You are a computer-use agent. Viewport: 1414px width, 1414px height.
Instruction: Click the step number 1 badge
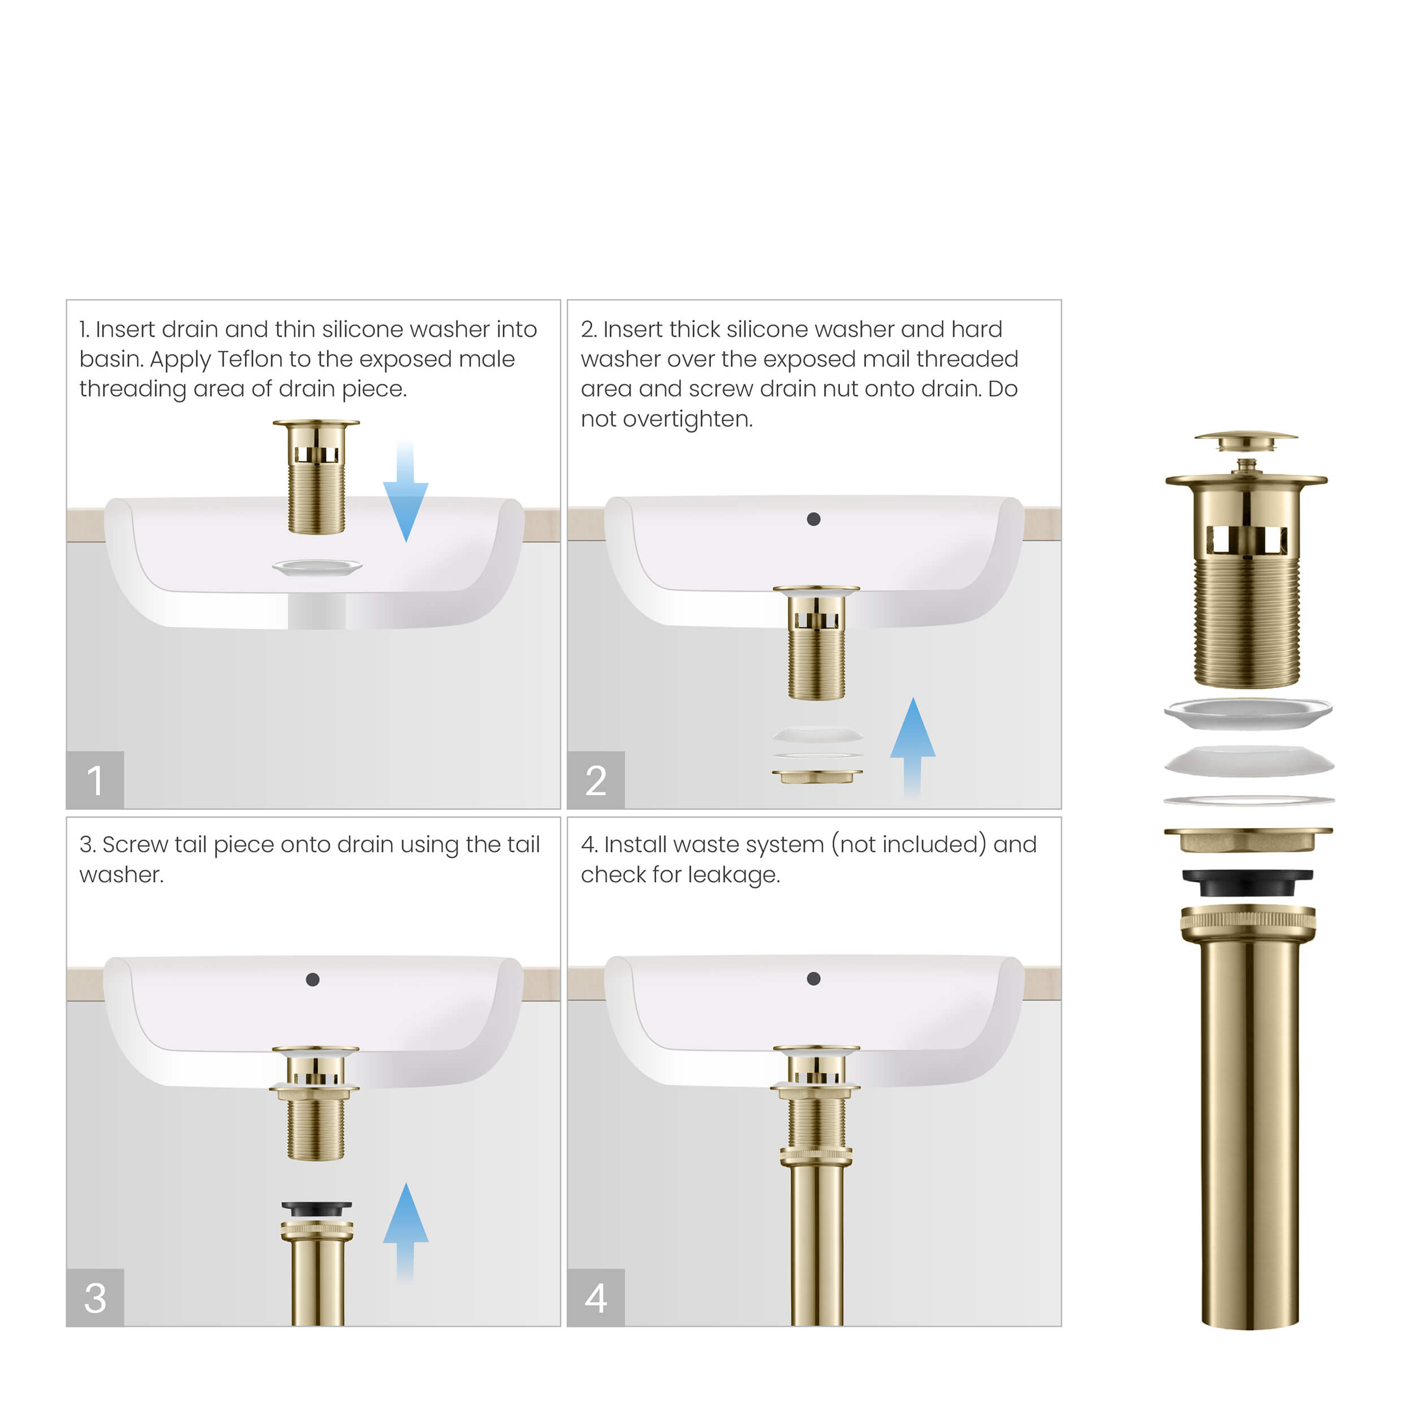point(95,779)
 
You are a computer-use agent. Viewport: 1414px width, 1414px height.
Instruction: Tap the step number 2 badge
point(596,779)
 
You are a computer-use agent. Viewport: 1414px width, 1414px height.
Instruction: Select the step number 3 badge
point(95,1297)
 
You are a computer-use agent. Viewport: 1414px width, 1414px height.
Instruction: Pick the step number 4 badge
point(596,1297)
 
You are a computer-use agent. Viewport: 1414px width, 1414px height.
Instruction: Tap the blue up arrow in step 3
point(406,1230)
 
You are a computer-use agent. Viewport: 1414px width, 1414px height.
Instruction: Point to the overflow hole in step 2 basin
point(813,519)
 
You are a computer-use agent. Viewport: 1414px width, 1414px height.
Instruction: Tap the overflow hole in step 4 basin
point(813,978)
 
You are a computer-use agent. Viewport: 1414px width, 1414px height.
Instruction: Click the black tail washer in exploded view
point(1247,882)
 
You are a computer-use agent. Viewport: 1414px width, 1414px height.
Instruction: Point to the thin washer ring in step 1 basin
point(317,567)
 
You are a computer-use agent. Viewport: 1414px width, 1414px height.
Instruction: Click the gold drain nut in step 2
point(817,776)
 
